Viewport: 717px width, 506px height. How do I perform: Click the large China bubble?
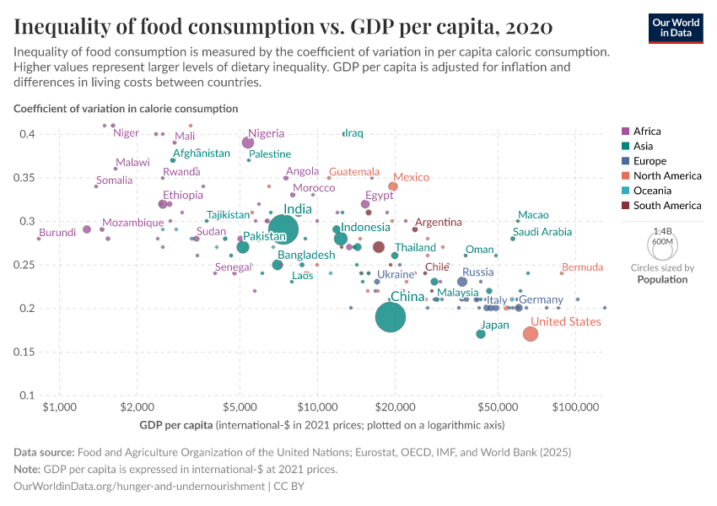391,317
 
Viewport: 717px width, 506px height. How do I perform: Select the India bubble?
283,229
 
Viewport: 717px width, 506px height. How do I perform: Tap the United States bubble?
530,333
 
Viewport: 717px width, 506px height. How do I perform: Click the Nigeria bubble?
248,143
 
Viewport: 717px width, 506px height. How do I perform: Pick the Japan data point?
481,334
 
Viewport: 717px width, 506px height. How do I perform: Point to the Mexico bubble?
393,186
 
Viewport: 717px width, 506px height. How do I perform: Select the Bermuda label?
582,267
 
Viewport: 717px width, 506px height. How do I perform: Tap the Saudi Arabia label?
542,232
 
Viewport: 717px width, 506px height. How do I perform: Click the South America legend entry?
666,206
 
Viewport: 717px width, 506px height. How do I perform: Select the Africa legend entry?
647,131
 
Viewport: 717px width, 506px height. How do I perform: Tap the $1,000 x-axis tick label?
59,408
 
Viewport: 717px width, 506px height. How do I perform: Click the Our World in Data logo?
675,27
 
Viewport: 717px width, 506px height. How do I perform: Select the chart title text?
283,27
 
